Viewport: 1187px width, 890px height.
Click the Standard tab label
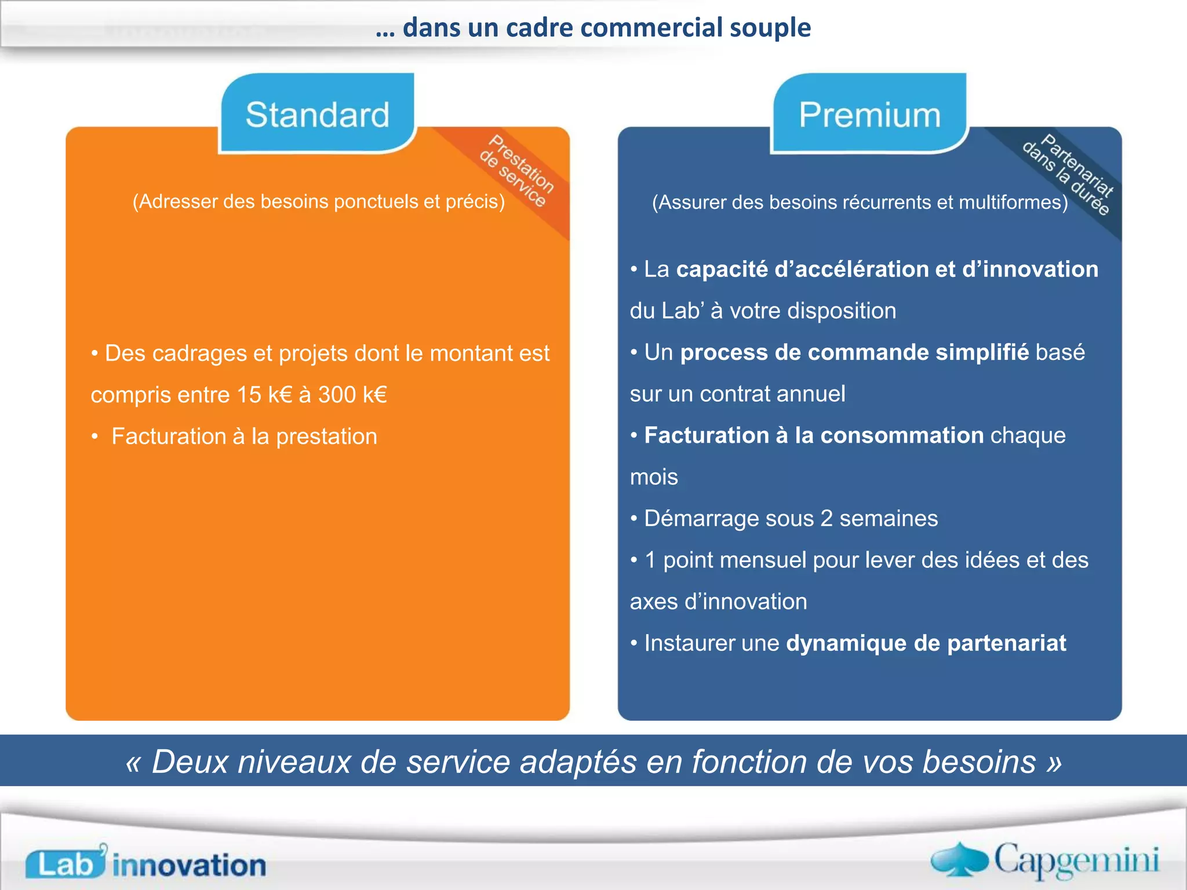pyautogui.click(x=317, y=114)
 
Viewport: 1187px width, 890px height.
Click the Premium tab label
pyautogui.click(x=869, y=114)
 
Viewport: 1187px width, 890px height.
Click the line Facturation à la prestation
pyautogui.click(x=243, y=436)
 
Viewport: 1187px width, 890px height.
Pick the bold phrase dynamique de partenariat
pyautogui.click(x=926, y=643)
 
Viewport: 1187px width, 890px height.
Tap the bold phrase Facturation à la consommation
pyautogui.click(x=813, y=435)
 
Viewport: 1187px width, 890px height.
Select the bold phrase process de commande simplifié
pyautogui.click(x=854, y=352)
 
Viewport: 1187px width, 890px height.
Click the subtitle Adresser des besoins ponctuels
pyautogui.click(x=318, y=202)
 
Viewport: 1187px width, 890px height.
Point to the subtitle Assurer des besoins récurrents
pyautogui.click(x=860, y=202)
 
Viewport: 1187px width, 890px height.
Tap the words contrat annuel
pyautogui.click(x=772, y=394)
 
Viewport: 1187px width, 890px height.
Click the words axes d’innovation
pyautogui.click(x=718, y=601)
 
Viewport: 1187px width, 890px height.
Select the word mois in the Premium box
pyautogui.click(x=654, y=477)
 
